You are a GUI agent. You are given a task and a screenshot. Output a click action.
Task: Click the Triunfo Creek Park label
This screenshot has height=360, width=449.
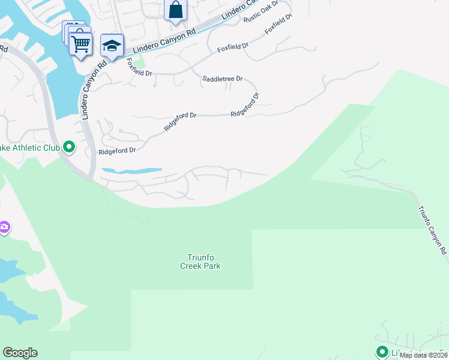click(x=200, y=262)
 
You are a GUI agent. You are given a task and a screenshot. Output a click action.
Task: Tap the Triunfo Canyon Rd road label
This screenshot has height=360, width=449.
click(x=432, y=230)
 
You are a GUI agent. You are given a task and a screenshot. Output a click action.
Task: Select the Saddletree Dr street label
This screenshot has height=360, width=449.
click(x=222, y=79)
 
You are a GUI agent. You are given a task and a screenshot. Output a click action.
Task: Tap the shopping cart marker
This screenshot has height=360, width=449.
click(x=80, y=43)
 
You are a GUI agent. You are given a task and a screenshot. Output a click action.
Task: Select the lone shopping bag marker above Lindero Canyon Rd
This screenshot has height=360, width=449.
click(x=175, y=10)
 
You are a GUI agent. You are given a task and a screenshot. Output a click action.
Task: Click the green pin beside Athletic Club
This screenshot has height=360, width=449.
click(x=69, y=146)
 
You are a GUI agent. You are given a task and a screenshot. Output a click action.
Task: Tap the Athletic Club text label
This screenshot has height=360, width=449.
click(x=30, y=147)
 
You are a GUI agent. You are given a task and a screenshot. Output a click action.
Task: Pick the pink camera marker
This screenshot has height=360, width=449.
click(x=4, y=227)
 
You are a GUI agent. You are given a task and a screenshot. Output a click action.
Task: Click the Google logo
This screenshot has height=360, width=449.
click(x=20, y=353)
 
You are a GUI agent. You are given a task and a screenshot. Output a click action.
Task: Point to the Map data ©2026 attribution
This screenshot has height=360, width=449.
click(x=424, y=355)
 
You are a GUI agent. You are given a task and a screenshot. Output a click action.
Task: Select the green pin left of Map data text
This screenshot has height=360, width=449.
click(x=382, y=352)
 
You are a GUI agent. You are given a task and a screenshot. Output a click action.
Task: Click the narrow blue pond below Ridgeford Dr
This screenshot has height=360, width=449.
click(x=131, y=170)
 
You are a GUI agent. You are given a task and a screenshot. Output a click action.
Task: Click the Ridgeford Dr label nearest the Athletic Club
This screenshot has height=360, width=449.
click(x=117, y=151)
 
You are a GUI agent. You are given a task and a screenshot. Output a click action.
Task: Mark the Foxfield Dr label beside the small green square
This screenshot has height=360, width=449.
click(x=140, y=71)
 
